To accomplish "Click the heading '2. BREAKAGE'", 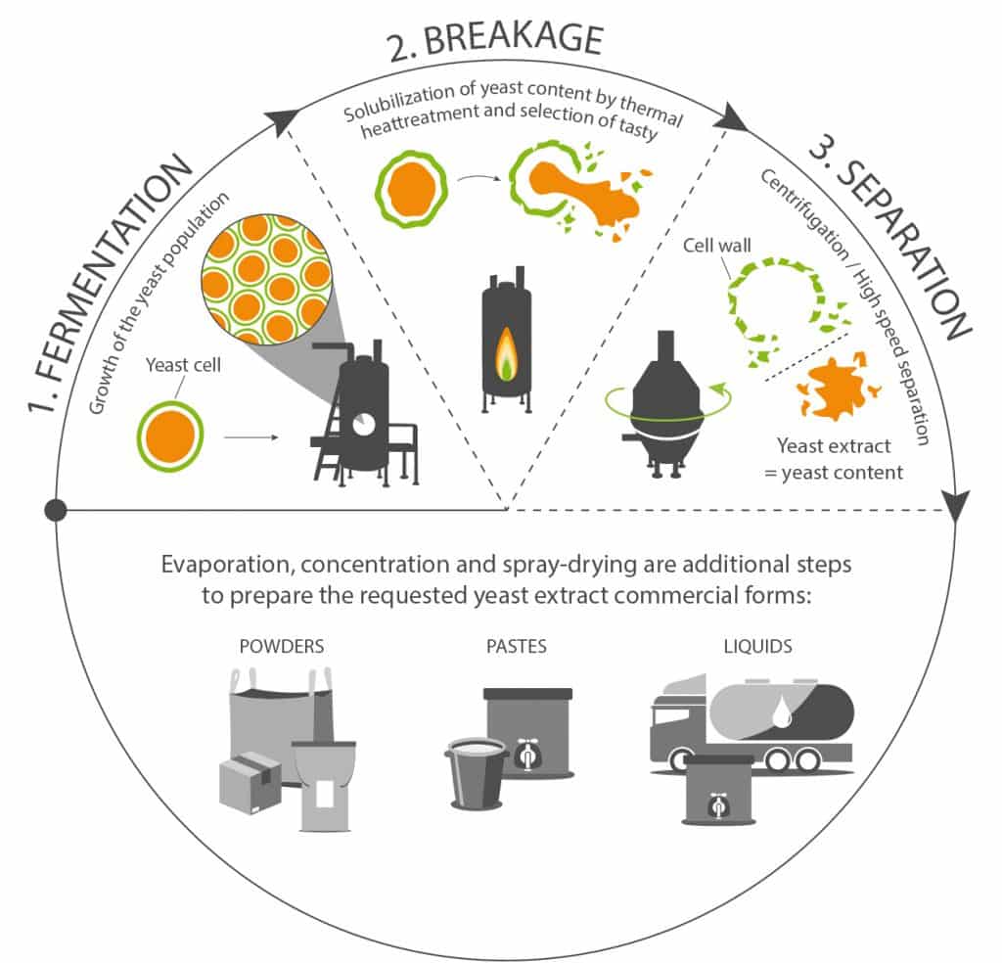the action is coord(495,39).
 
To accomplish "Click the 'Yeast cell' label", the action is coord(183,365).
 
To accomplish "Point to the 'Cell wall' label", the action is coord(717,246).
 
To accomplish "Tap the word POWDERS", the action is coord(282,646).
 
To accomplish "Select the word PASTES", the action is coord(517,646).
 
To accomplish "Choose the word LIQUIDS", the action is coord(758,646).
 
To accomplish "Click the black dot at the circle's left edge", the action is coord(56,510).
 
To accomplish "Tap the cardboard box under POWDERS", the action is coord(250,784).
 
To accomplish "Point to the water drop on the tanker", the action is coord(782,711).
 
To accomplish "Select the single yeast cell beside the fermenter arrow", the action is coord(170,436).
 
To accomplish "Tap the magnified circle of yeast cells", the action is coord(266,279).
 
